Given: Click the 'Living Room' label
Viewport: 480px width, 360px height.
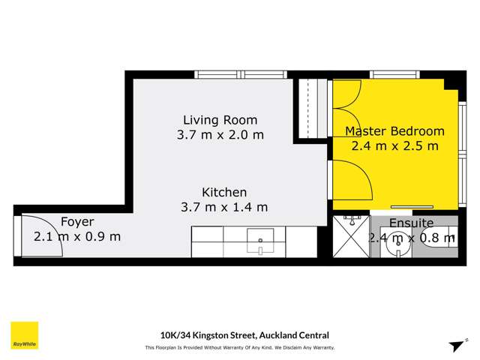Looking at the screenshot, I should (220, 120).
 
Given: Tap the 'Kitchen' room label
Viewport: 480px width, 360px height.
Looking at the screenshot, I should (223, 192).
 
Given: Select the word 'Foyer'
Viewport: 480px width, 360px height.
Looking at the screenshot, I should (77, 222).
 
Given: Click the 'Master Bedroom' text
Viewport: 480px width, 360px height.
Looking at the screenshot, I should (394, 131).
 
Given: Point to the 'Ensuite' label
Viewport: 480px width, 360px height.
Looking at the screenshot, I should (411, 223).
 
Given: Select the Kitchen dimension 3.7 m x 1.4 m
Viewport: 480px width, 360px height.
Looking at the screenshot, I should (223, 207).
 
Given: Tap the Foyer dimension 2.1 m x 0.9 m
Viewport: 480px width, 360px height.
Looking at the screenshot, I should (77, 236).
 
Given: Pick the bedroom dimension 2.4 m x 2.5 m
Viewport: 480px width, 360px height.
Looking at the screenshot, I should (394, 146).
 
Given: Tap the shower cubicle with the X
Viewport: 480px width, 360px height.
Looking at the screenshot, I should (351, 235).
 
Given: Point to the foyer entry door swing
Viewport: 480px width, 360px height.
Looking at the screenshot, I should (37, 236).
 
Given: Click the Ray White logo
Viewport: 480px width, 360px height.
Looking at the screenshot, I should (24, 335).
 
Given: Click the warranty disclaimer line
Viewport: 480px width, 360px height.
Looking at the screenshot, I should (239, 347).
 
